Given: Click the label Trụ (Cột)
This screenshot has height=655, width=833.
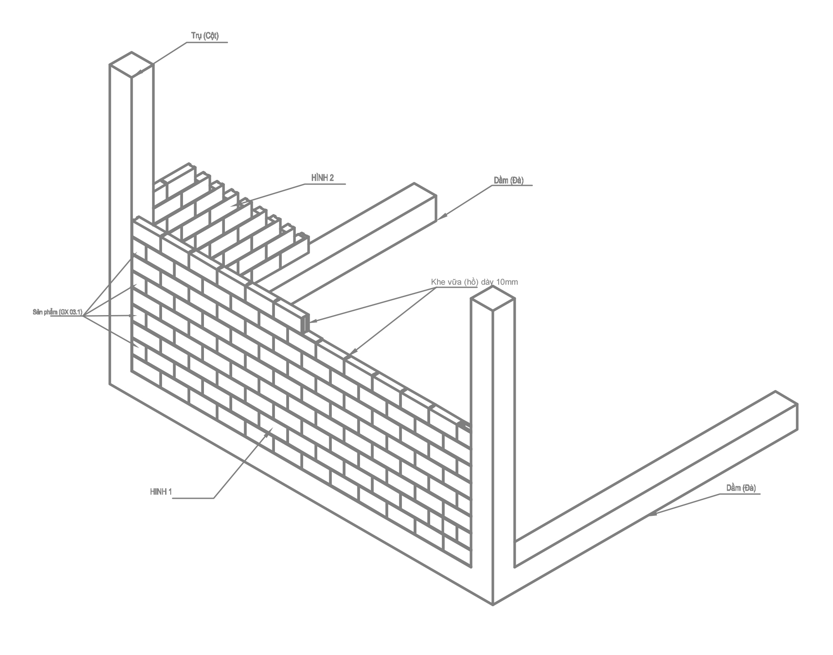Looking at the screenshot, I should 204,36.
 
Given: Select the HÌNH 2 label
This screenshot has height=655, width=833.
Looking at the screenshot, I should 322,178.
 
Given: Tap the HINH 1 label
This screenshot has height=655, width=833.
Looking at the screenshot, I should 161,492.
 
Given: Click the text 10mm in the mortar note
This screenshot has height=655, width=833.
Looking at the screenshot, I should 508,282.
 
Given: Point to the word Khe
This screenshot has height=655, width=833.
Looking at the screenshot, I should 438,282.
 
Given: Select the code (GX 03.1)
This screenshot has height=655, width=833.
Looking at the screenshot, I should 70,312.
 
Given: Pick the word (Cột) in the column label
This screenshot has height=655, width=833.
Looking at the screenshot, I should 210,36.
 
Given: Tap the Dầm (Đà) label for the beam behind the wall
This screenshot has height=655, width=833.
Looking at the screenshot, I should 508,180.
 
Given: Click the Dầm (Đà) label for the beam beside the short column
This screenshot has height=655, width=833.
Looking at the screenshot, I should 741,488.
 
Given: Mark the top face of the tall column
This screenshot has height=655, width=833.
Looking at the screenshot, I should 131,65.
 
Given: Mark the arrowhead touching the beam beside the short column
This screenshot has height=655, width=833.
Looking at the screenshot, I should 650,514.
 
